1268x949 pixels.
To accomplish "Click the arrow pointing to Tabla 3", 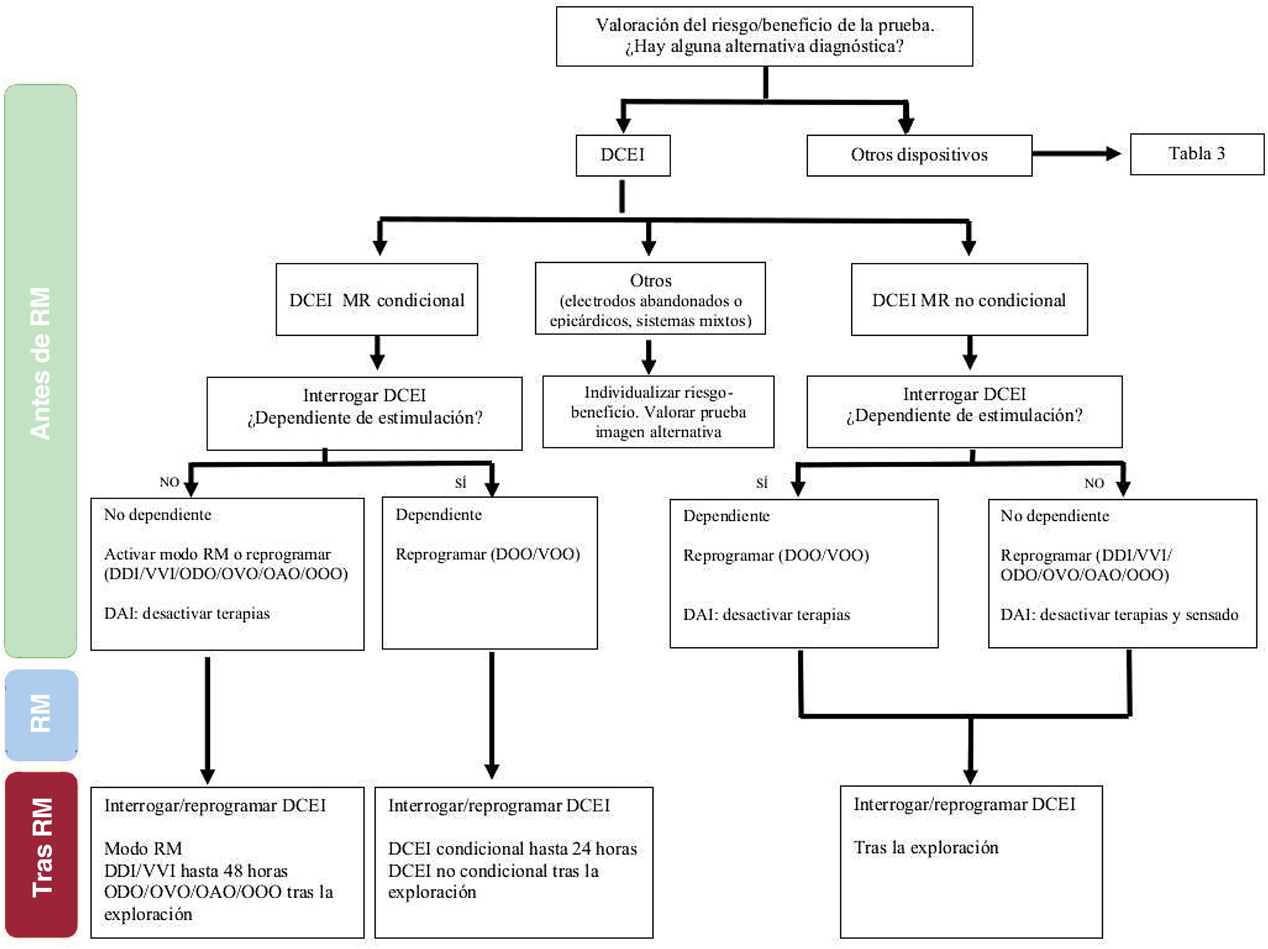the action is (x=1076, y=153).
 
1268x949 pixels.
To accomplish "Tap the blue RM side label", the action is (x=41, y=714).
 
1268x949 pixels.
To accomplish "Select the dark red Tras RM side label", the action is (x=41, y=854).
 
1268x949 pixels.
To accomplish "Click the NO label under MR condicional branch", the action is (x=169, y=482).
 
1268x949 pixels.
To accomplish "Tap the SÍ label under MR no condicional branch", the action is (x=761, y=483).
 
